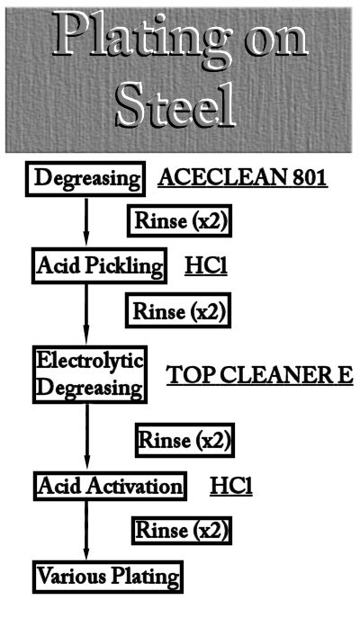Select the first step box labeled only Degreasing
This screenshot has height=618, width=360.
tap(85, 178)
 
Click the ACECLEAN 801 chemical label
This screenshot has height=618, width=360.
tap(243, 178)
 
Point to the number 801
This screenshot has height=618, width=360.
tap(310, 178)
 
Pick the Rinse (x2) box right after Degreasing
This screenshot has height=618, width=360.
tap(179, 220)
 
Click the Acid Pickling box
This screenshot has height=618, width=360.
tap(99, 265)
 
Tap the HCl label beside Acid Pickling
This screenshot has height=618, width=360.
tap(206, 266)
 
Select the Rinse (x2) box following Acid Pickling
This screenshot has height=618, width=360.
tap(178, 310)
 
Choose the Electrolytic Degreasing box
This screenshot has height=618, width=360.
tap(90, 374)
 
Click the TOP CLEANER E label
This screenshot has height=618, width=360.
tap(259, 375)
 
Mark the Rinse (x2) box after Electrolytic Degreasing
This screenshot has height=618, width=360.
tap(184, 440)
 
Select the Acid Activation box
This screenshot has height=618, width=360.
tap(110, 486)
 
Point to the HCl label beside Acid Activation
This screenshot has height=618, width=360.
tap(231, 486)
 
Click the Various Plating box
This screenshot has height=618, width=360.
tap(108, 577)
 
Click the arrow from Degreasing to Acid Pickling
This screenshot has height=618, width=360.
tap(86, 222)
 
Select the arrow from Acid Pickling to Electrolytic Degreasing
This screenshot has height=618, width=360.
tap(86, 315)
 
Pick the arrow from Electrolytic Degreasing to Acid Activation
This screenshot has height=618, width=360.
tap(87, 437)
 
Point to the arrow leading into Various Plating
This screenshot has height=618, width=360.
tap(86, 531)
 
